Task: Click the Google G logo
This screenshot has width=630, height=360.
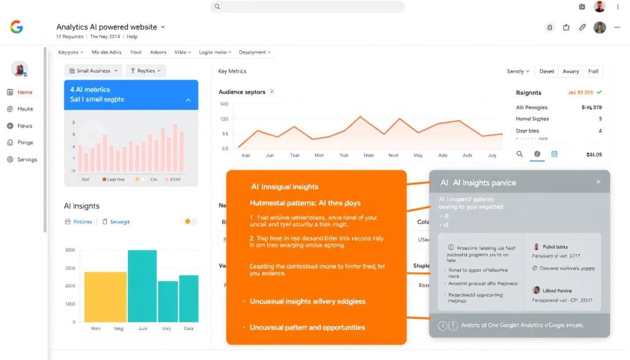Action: (x=17, y=27)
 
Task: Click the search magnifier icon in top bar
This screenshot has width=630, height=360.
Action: (x=217, y=7)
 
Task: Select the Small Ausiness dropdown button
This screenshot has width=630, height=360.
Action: (x=94, y=71)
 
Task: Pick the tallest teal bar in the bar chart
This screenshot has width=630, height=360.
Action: (x=142, y=286)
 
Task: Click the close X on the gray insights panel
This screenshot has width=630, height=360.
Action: (x=598, y=182)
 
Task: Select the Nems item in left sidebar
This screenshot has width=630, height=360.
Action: (x=25, y=92)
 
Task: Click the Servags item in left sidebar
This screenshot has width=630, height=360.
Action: (x=26, y=159)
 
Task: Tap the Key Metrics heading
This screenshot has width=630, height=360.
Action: (x=232, y=71)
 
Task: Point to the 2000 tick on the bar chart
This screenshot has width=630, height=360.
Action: (x=70, y=250)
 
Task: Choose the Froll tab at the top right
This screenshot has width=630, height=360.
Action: (x=593, y=71)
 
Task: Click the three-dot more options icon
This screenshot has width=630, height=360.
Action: (x=617, y=28)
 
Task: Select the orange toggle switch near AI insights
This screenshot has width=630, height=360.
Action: (x=190, y=222)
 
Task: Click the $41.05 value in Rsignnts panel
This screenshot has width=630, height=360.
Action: (x=594, y=154)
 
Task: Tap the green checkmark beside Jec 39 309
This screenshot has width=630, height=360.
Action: (x=599, y=92)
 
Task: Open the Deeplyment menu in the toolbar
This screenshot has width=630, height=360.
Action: (x=255, y=53)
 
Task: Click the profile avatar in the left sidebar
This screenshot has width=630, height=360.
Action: (x=20, y=69)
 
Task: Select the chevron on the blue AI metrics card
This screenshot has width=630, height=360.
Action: (x=188, y=100)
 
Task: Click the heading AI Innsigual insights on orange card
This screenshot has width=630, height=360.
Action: (x=284, y=186)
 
